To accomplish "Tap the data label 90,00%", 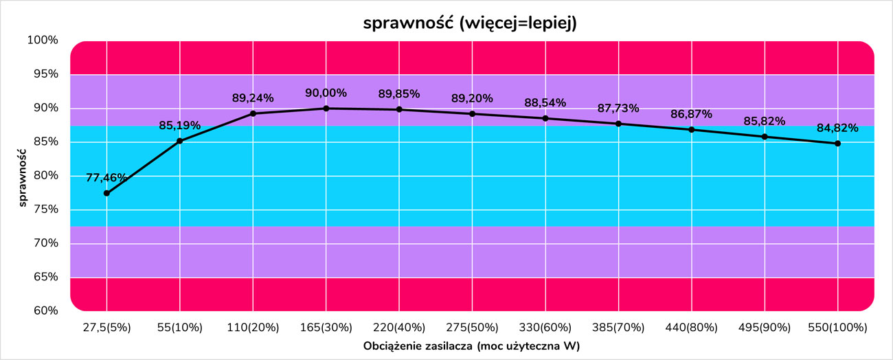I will tap(326, 93).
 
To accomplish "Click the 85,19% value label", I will tap(180, 125).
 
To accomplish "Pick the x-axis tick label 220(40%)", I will tap(399, 327).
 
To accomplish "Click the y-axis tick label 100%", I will tap(43, 40).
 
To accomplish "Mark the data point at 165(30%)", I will tap(326, 109).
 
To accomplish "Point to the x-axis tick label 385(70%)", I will tap(618, 327).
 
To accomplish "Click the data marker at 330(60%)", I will tap(545, 118).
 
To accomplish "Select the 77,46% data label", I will tap(106, 177).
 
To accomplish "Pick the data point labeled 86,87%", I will tap(692, 130).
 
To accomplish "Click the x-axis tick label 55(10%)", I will tap(180, 327).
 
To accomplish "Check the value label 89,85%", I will tap(399, 94).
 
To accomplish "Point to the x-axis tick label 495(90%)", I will tap(765, 327).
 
